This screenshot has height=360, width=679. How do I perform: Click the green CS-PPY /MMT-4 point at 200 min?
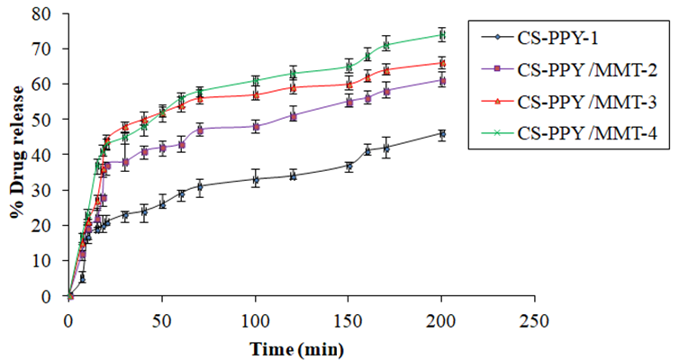click(441, 35)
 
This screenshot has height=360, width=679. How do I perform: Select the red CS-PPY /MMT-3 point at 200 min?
click(441, 63)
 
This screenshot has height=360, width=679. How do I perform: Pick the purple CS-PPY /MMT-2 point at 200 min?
click(441, 80)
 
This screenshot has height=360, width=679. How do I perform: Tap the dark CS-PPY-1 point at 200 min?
click(441, 133)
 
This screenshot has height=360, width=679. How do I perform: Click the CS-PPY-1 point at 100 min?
click(256, 179)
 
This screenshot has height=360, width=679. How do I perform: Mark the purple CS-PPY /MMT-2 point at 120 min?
click(293, 115)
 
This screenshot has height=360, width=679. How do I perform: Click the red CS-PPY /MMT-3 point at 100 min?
click(256, 94)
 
